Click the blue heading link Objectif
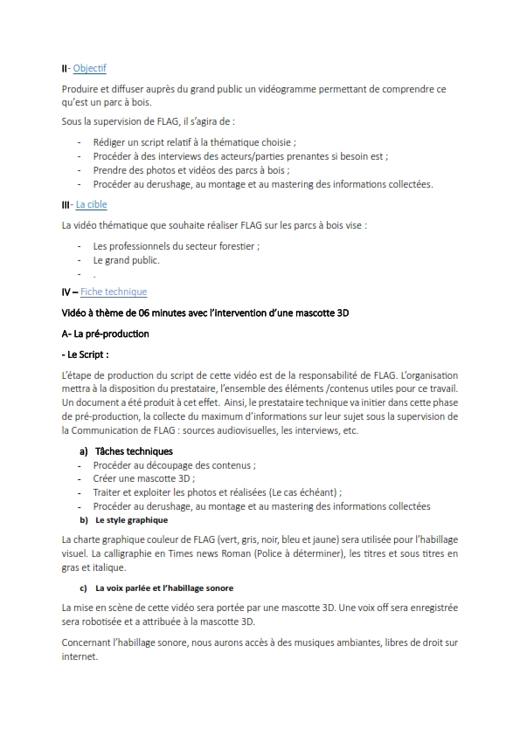(x=89, y=68)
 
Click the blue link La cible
(x=91, y=204)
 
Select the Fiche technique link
(x=114, y=292)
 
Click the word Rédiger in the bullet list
(x=111, y=142)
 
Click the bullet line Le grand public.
(x=127, y=260)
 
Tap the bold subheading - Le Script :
(x=85, y=354)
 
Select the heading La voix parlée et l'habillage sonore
(x=164, y=587)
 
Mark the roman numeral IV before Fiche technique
(x=67, y=292)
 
